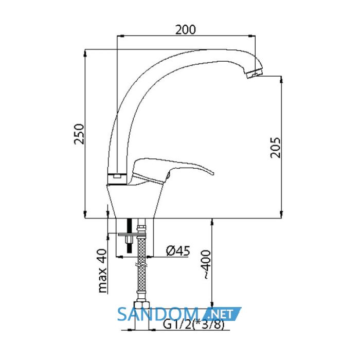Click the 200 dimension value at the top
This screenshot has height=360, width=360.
pyautogui.click(x=186, y=30)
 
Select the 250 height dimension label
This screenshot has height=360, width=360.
pyautogui.click(x=79, y=134)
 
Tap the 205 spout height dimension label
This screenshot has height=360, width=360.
pyautogui.click(x=275, y=148)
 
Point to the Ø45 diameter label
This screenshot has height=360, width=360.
pyautogui.click(x=178, y=251)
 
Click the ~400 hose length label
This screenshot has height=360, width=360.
pyautogui.click(x=206, y=264)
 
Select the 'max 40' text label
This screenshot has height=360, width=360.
pyautogui.click(x=103, y=271)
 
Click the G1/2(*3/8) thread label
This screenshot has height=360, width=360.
pyautogui.click(x=193, y=325)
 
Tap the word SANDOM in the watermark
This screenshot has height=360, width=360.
pyautogui.click(x=158, y=314)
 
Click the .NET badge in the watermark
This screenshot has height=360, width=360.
pyautogui.click(x=223, y=314)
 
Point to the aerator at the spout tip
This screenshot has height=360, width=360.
pyautogui.click(x=255, y=73)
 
